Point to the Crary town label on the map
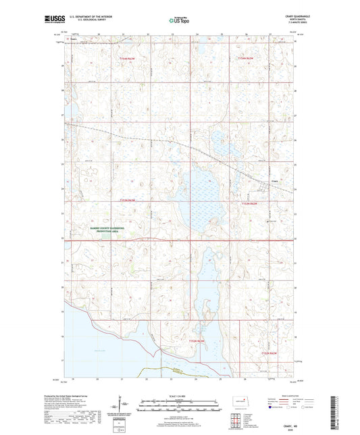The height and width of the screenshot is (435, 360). (275, 180)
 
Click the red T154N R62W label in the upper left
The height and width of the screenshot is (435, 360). (128, 59)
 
